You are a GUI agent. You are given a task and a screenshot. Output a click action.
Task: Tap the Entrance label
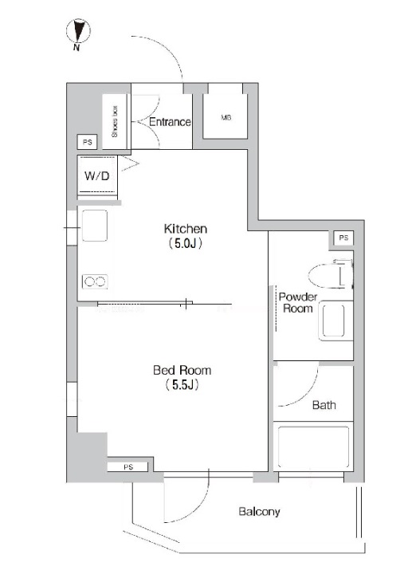[x=170, y=122]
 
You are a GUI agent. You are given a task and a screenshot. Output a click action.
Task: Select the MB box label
[x=226, y=117]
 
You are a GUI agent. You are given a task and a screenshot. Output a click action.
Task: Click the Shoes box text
[x=115, y=122]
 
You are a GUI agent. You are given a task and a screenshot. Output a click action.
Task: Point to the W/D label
[x=97, y=176]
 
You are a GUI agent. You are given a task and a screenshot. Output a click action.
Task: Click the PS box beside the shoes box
[x=88, y=142]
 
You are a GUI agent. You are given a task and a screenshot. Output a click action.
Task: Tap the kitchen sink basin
[x=95, y=226]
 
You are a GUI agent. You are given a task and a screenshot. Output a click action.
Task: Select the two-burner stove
[x=95, y=282]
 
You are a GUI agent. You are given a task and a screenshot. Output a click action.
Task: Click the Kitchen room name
[x=185, y=229]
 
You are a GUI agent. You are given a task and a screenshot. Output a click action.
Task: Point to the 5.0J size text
[x=185, y=244]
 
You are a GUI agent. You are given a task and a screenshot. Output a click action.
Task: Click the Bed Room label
[x=182, y=370]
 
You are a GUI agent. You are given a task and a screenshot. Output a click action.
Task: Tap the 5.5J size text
[x=182, y=385]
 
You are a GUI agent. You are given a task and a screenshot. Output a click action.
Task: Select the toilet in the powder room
[x=331, y=274]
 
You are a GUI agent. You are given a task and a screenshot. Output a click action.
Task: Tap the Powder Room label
[x=298, y=303]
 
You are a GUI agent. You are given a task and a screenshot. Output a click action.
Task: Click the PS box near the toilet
[x=343, y=238]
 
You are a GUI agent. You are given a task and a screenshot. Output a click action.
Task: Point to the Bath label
[x=324, y=405]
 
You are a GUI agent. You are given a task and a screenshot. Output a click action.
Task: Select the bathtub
[x=313, y=447]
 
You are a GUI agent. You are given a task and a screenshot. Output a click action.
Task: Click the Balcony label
[x=259, y=512]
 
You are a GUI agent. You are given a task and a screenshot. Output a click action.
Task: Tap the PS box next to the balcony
[x=127, y=467]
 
